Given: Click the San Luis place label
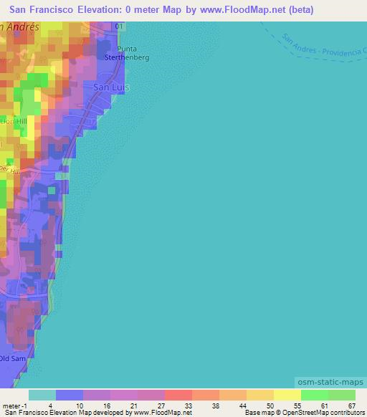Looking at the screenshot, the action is click(x=111, y=87).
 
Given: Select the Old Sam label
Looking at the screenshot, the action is click(x=14, y=358).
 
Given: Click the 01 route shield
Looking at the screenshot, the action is click(x=119, y=26).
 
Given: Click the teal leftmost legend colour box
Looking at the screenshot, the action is click(x=42, y=394).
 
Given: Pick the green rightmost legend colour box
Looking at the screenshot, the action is click(x=342, y=394).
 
